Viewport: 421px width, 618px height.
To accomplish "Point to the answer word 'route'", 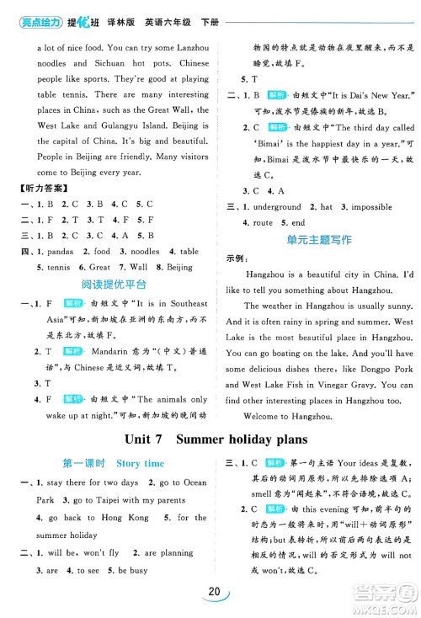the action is [263, 222].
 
